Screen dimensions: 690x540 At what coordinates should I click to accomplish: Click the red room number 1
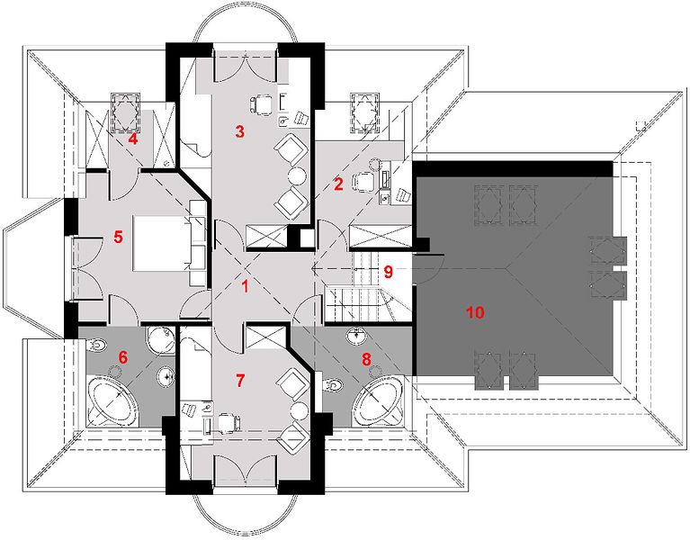pyautogui.click(x=245, y=286)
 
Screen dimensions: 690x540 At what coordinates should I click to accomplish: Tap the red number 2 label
pyautogui.click(x=338, y=184)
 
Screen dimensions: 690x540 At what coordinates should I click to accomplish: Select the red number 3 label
pyautogui.click(x=239, y=131)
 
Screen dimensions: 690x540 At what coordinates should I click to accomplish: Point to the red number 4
pyautogui.click(x=132, y=139)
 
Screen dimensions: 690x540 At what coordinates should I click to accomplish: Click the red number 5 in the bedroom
pyautogui.click(x=118, y=238)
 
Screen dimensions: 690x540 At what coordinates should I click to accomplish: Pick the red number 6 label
pyautogui.click(x=122, y=357)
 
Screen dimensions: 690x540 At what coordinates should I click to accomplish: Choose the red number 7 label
pyautogui.click(x=239, y=380)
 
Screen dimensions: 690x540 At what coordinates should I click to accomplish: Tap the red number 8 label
pyautogui.click(x=366, y=359)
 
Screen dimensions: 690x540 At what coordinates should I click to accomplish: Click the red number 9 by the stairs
pyautogui.click(x=388, y=272)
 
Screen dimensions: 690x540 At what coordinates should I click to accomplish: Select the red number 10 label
pyautogui.click(x=475, y=312)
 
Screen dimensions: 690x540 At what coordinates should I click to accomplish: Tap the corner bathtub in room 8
pyautogui.click(x=380, y=400)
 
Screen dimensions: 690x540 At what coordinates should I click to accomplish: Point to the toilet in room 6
pyautogui.click(x=95, y=346)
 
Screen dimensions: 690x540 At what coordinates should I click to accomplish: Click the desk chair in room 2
pyautogui.click(x=363, y=180)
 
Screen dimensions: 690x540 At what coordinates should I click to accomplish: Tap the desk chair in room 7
pyautogui.click(x=229, y=422)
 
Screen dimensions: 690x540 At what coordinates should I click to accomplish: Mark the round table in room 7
pyautogui.click(x=299, y=410)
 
